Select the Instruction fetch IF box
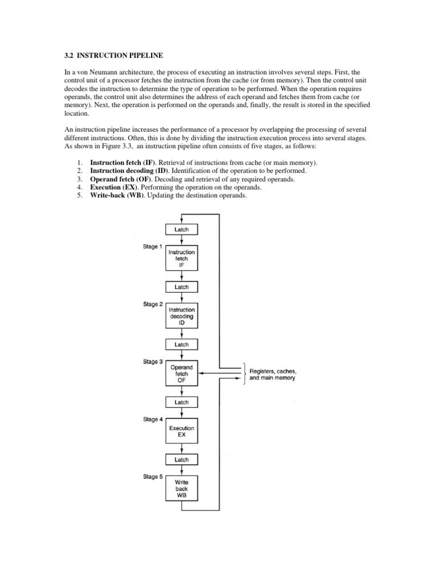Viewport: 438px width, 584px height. (x=181, y=258)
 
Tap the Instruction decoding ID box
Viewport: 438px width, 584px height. (x=181, y=316)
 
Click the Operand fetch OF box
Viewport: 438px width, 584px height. (x=181, y=374)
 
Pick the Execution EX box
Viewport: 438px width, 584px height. (x=181, y=431)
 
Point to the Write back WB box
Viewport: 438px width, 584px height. (x=181, y=488)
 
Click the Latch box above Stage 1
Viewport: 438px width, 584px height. (x=181, y=229)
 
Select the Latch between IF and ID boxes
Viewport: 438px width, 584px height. (x=181, y=287)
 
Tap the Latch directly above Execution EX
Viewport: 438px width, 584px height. (x=181, y=402)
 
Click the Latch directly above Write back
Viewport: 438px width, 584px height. (x=181, y=460)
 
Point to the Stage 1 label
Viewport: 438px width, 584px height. (x=152, y=247)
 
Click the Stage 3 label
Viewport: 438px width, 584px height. (x=152, y=362)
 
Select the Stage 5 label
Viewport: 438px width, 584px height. (x=152, y=476)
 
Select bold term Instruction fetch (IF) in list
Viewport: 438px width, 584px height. (x=123, y=163)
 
